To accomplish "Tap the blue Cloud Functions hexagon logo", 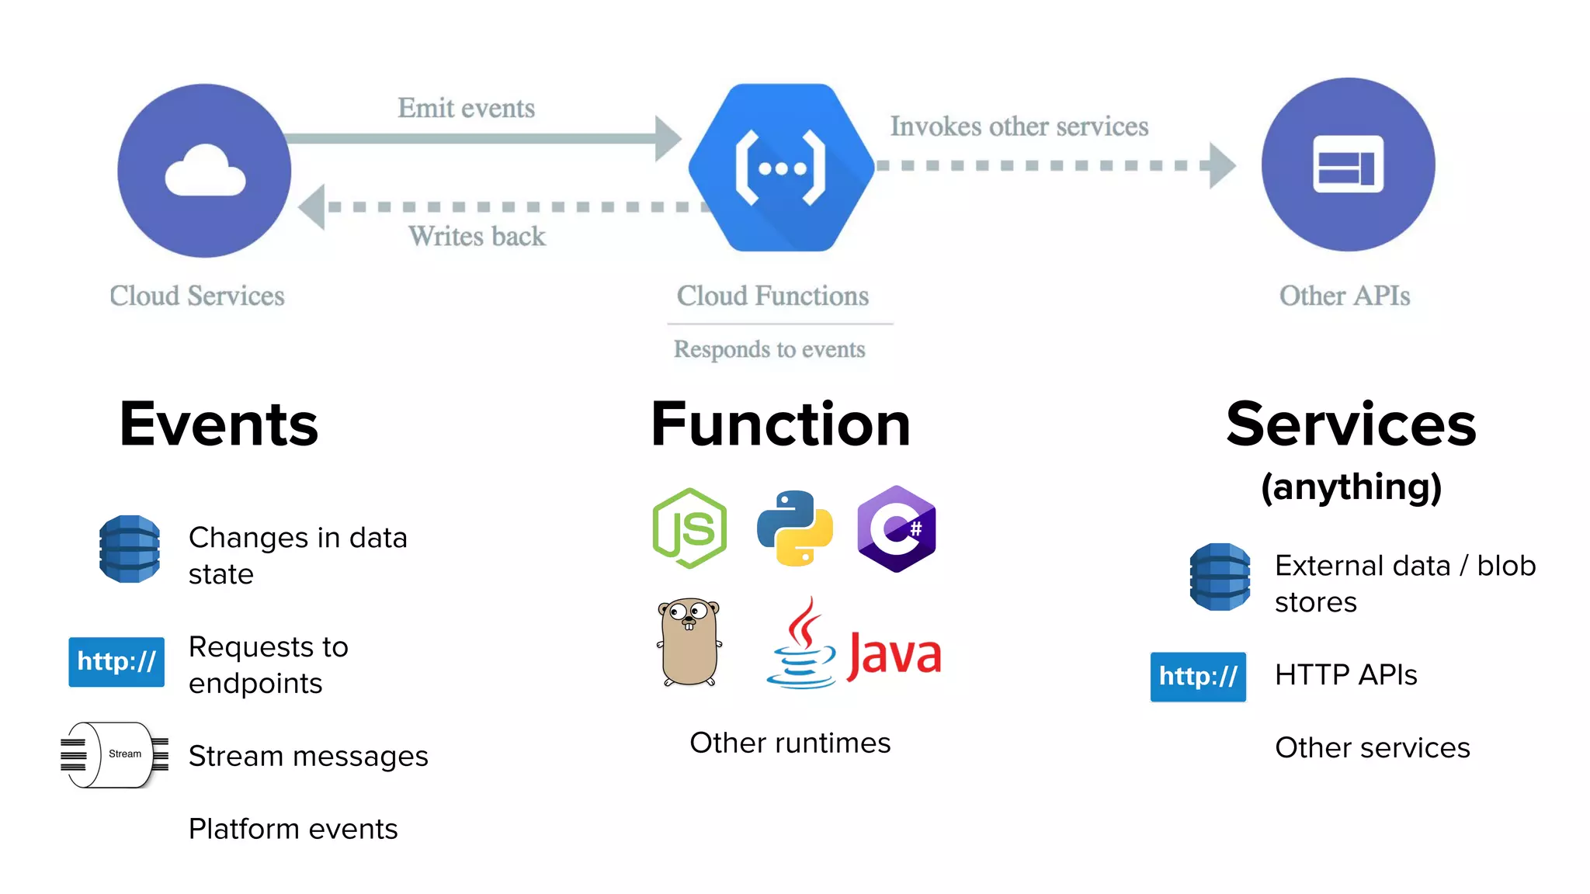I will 781,168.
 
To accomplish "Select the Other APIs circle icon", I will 1348,165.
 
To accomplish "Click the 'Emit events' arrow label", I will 466,108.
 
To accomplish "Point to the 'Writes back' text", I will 477,236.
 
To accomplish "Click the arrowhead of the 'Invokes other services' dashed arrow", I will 1221,165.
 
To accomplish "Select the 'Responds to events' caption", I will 769,349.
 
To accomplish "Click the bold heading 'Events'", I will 218,424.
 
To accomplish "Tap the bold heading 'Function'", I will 780,424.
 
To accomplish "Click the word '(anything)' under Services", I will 1351,487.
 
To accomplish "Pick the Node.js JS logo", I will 689,528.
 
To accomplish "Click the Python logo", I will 794,528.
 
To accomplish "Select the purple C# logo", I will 897,528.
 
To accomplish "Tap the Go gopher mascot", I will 689,642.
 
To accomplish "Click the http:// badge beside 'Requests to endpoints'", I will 116,662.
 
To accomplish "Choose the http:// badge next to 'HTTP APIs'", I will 1198,677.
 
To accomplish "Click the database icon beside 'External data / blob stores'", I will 1220,577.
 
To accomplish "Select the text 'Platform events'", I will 293,829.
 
